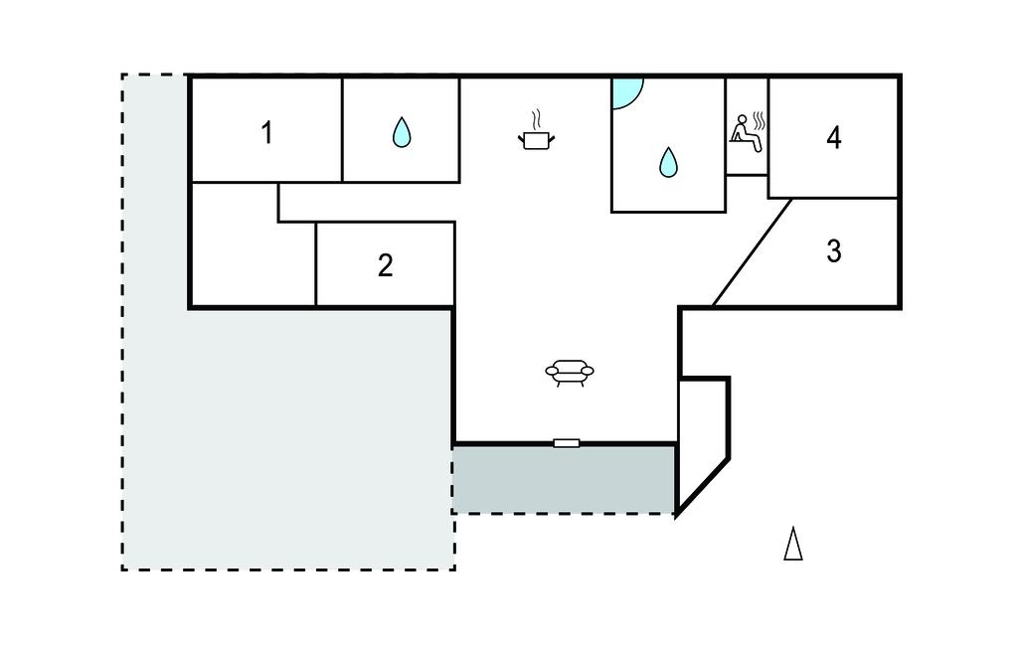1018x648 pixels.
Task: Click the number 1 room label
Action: pyautogui.click(x=266, y=132)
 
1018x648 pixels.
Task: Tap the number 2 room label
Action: pyautogui.click(x=385, y=265)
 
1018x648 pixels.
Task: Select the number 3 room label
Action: pyautogui.click(x=833, y=252)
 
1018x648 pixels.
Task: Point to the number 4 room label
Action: pyautogui.click(x=833, y=138)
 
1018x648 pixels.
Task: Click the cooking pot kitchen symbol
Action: pyautogui.click(x=536, y=139)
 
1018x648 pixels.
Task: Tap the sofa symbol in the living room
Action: pyautogui.click(x=570, y=373)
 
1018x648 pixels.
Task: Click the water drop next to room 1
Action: pyautogui.click(x=401, y=132)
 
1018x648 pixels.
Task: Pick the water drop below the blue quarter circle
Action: pyautogui.click(x=668, y=161)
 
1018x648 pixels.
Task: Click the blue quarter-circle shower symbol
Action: pyautogui.click(x=625, y=90)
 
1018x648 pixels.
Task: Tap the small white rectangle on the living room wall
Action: pyautogui.click(x=566, y=442)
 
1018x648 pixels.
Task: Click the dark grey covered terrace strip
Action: pyautogui.click(x=564, y=478)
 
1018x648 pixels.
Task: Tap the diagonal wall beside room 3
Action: pyautogui.click(x=753, y=251)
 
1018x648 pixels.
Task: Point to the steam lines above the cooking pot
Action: pyautogui.click(x=537, y=119)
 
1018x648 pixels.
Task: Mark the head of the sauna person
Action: pyautogui.click(x=741, y=120)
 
